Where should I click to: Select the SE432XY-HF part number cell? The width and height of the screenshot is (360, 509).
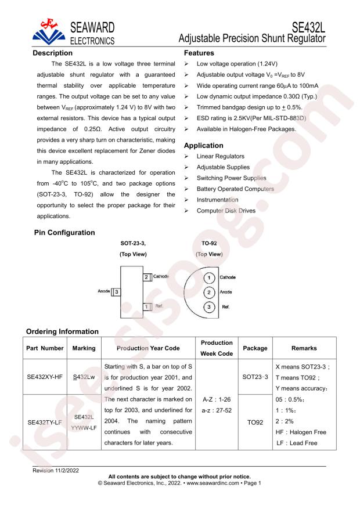click(45, 376)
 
